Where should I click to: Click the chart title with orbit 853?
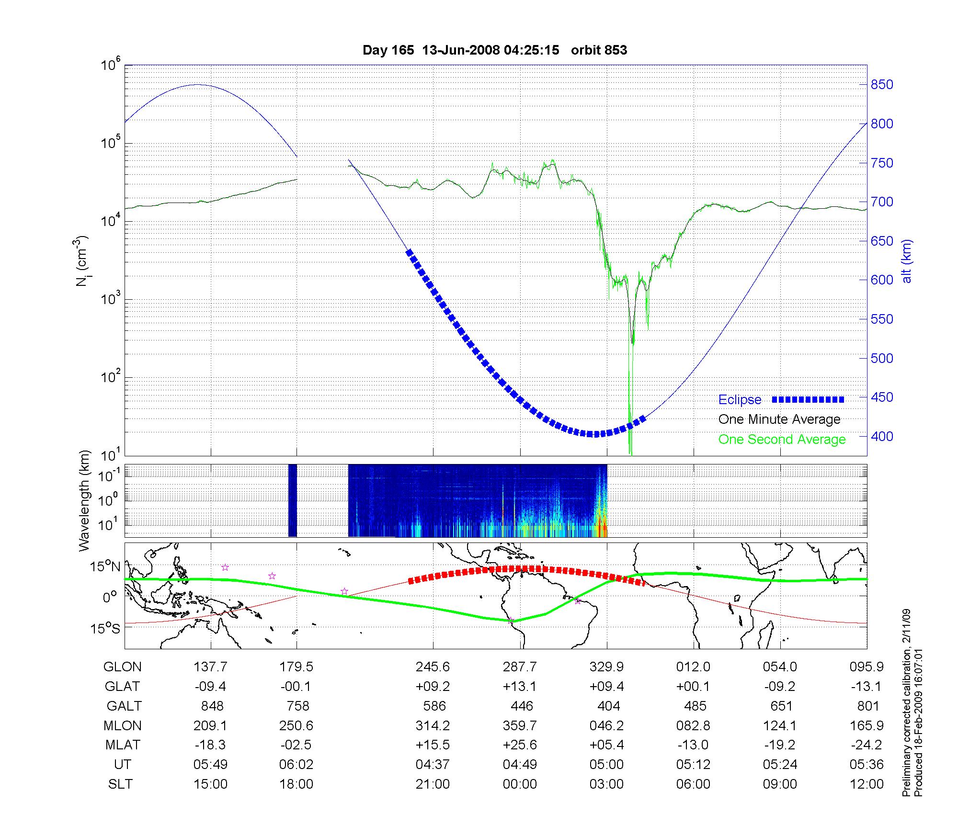(x=495, y=50)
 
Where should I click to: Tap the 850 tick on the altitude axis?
(x=882, y=85)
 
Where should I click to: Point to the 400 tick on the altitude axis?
(x=882, y=436)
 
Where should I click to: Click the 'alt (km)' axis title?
(x=907, y=261)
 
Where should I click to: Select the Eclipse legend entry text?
(x=740, y=400)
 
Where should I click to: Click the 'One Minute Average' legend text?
(x=779, y=419)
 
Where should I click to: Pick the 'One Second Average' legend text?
(x=782, y=440)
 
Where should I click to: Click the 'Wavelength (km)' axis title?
(x=84, y=501)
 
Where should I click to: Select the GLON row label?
(x=123, y=667)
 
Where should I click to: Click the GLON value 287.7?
(x=520, y=667)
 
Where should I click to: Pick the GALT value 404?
(x=609, y=706)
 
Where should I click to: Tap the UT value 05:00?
(x=607, y=765)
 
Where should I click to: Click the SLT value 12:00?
(x=867, y=784)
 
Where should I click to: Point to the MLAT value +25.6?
(x=520, y=745)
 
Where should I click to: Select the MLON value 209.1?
(x=210, y=725)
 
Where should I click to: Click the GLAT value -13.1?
(x=867, y=686)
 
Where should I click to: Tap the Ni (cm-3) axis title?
(x=82, y=261)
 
